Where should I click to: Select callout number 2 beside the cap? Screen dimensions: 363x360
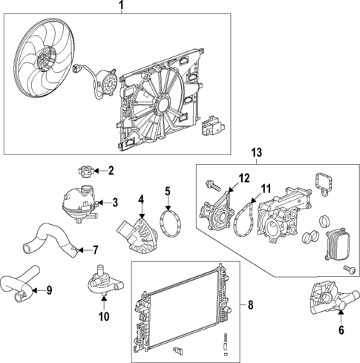click(x=111, y=171)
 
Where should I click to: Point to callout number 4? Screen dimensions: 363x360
click(x=141, y=198)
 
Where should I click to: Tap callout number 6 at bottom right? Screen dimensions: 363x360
click(x=341, y=330)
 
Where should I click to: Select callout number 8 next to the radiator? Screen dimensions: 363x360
click(x=250, y=304)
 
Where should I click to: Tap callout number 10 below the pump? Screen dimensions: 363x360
click(x=103, y=315)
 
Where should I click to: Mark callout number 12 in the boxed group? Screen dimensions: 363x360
click(x=244, y=177)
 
